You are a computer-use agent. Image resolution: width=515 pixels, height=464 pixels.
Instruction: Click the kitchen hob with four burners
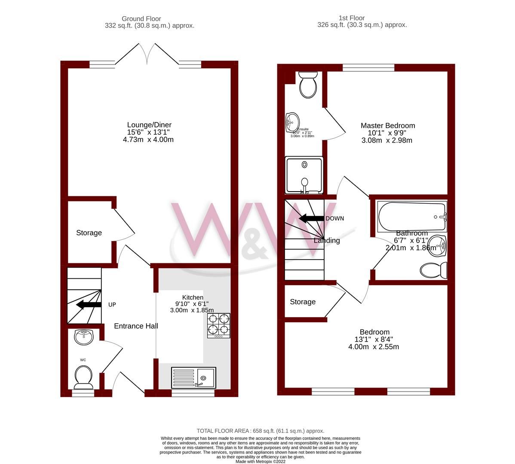pyautogui.click(x=219, y=325)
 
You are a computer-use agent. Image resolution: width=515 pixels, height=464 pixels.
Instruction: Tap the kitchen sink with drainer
pyautogui.click(x=193, y=378)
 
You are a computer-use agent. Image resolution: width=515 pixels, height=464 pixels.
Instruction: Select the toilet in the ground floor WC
pyautogui.click(x=83, y=376)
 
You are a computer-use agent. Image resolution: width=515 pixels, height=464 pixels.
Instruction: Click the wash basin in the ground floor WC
pyautogui.click(x=84, y=337)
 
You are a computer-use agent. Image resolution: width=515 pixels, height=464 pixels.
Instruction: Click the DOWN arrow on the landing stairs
pyautogui.click(x=311, y=218)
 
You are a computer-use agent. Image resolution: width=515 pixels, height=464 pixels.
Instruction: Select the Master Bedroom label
pyautogui.click(x=387, y=125)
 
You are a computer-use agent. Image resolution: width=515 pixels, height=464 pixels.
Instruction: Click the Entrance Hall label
pyautogui.click(x=136, y=326)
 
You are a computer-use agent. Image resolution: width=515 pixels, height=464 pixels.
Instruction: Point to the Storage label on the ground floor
pyautogui.click(x=89, y=233)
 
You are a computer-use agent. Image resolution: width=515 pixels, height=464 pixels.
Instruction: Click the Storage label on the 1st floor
pyautogui.click(x=303, y=302)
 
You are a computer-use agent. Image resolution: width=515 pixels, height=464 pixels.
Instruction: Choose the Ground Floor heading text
pyautogui.click(x=141, y=18)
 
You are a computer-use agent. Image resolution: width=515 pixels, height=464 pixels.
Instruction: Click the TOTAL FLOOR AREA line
pyautogui.click(x=260, y=430)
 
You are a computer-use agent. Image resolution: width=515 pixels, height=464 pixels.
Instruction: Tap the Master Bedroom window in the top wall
pyautogui.click(x=368, y=67)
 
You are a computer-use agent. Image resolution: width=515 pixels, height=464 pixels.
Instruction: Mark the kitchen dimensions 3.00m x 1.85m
pyautogui.click(x=192, y=310)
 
